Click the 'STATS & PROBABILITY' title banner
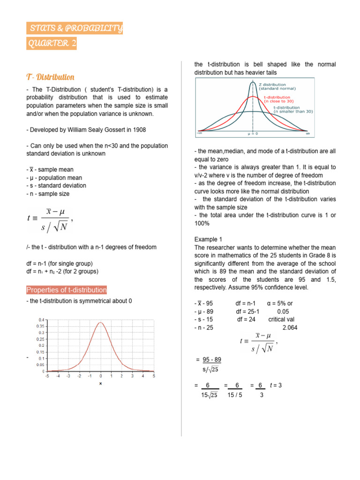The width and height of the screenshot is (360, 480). coord(75,29)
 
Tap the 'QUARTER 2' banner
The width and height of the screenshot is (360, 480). coord(52,44)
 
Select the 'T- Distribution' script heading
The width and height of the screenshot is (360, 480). coord(50,77)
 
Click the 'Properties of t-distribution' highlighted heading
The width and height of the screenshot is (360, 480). coord(67,290)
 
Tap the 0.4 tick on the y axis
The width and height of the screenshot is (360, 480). coord(41,319)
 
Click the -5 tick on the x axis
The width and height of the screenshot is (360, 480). coord(46,376)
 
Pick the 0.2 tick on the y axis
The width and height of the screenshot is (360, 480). coord(41,345)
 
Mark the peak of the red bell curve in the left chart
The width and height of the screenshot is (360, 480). coord(100,322)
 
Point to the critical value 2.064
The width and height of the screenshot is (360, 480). coord(290,328)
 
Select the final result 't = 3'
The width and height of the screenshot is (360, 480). coord(276,385)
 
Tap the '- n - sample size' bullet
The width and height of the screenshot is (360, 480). coord(48,194)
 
